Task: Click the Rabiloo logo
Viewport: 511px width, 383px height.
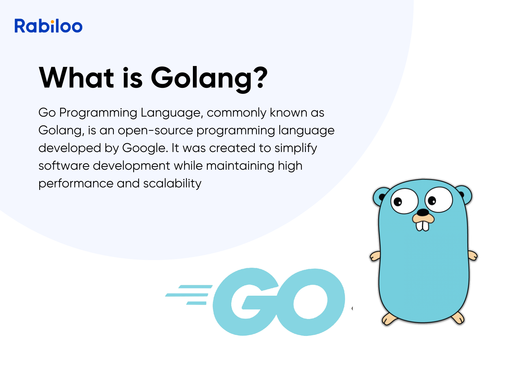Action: point(48,26)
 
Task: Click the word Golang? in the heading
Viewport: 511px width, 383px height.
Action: point(209,78)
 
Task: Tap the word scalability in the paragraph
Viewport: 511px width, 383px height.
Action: point(172,184)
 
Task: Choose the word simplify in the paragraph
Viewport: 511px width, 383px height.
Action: point(296,148)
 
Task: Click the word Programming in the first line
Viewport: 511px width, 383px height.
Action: point(98,113)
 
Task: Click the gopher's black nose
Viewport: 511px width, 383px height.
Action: point(423,212)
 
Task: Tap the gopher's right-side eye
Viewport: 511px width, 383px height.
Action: point(439,199)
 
